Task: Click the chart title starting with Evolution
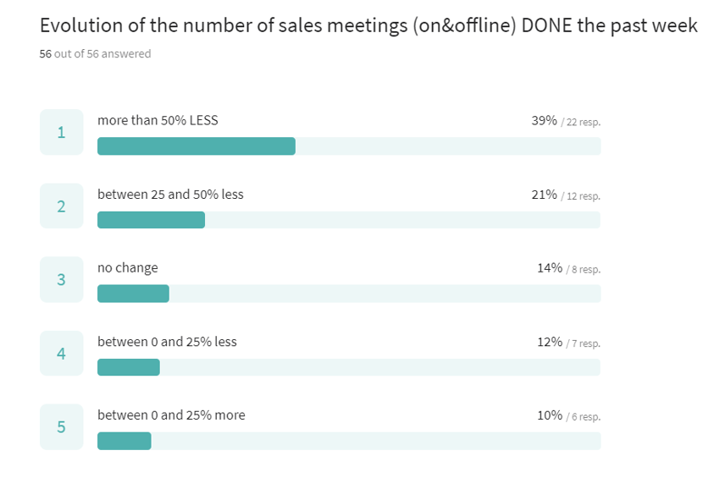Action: (x=368, y=25)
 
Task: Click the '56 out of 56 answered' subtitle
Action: (x=95, y=54)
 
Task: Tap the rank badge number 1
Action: (x=61, y=132)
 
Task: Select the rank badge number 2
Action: (x=61, y=206)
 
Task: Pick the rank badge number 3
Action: (x=61, y=279)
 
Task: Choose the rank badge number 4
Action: (x=61, y=353)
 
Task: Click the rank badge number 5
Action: (x=61, y=426)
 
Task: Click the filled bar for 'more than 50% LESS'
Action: (x=196, y=146)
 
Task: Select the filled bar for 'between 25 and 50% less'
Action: (x=151, y=220)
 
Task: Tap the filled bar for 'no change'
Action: (x=133, y=294)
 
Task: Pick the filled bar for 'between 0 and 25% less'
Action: (x=129, y=367)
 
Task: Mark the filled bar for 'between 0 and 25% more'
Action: (x=125, y=441)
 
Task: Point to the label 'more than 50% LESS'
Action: (x=158, y=121)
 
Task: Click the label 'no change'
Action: (x=127, y=268)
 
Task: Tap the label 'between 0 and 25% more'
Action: (x=171, y=415)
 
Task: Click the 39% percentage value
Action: (x=544, y=121)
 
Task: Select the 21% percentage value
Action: (x=544, y=195)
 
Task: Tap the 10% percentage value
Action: (x=549, y=415)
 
